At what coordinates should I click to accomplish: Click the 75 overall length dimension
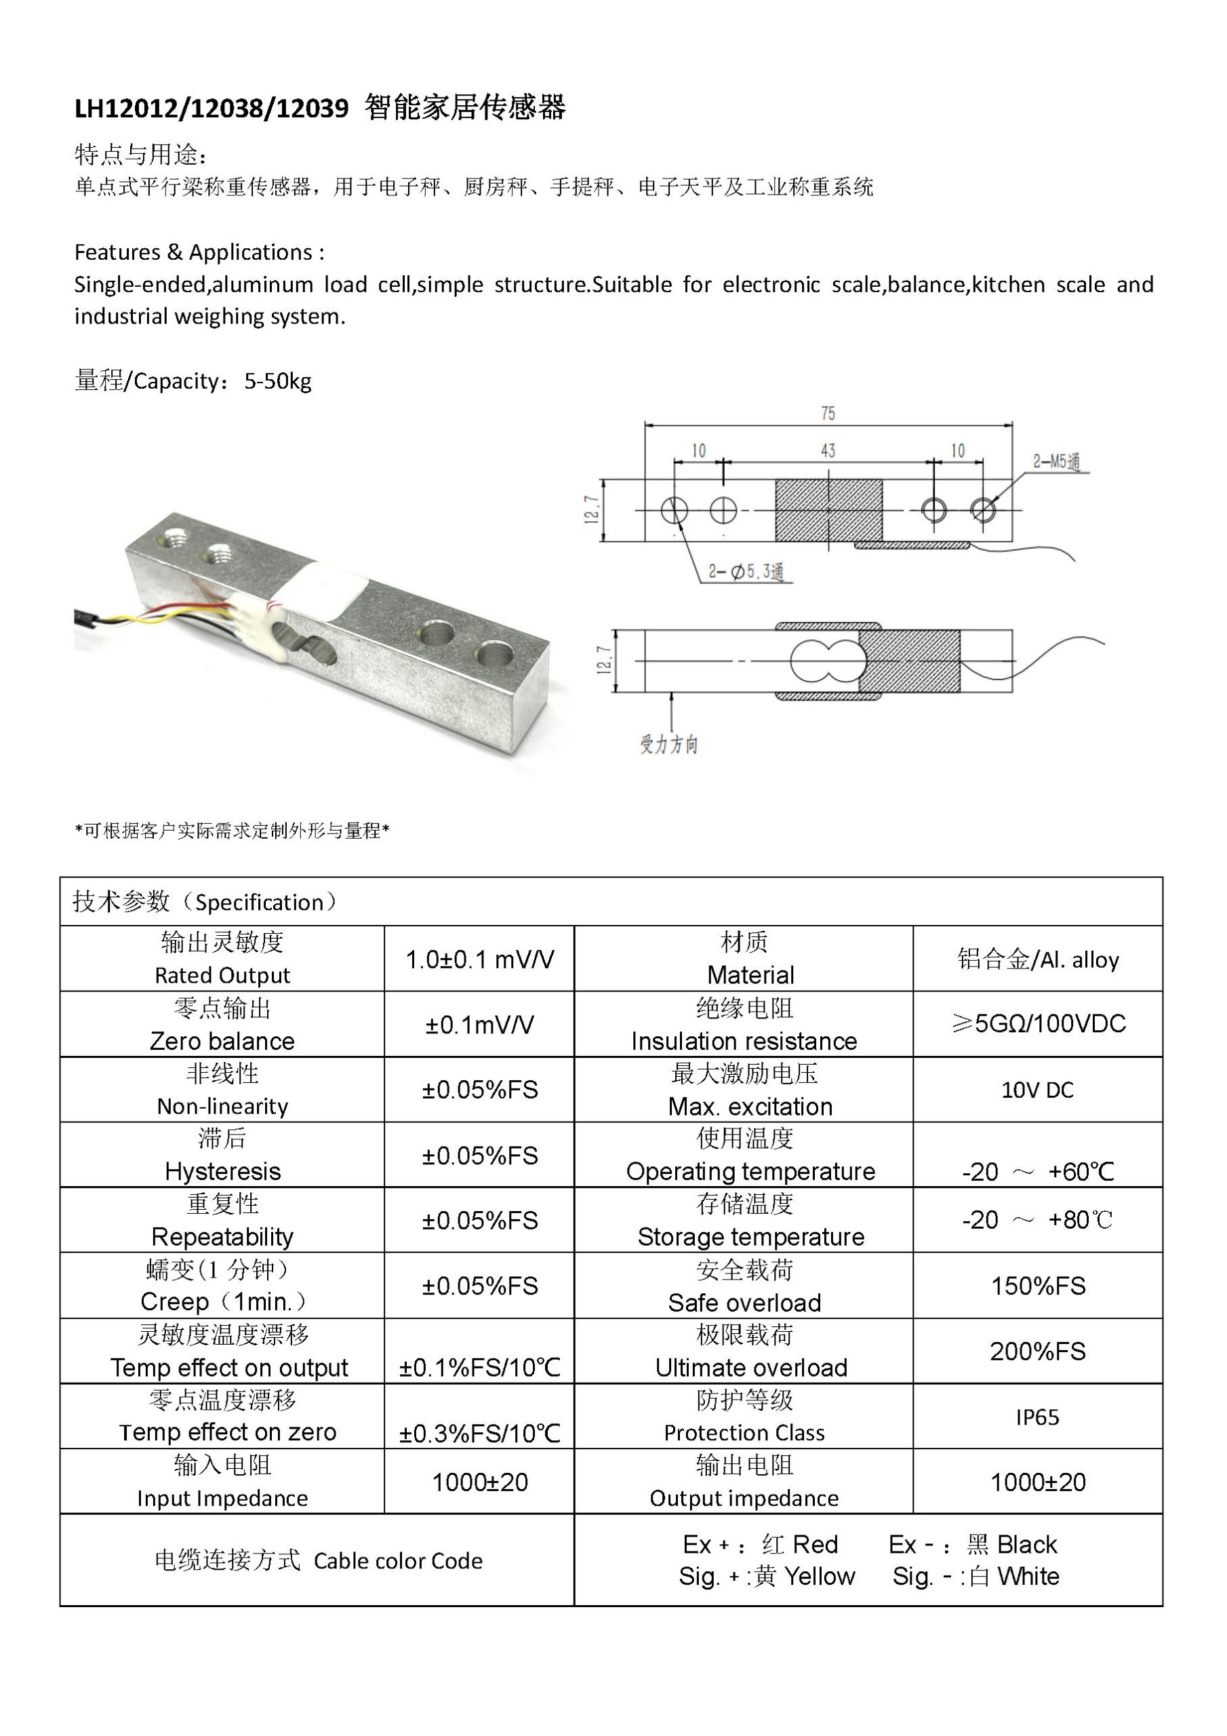pos(828,414)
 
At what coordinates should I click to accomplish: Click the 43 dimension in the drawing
pos(828,451)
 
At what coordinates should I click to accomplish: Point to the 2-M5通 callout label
pos(1056,462)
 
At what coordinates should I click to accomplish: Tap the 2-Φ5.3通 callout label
pos(746,572)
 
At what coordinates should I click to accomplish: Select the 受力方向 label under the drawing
pos(669,745)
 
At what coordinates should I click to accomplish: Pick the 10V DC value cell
pos(1037,1090)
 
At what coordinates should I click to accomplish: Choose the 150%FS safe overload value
pos(1037,1285)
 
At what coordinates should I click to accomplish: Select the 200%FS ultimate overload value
pos(1037,1351)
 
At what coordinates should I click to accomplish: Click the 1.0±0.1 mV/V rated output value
pos(479,960)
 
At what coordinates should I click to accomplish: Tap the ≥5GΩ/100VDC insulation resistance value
pos(1037,1024)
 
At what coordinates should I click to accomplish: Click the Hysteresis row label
pos(222,1171)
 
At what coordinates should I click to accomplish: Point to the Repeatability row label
pos(222,1237)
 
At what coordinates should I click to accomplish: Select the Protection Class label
pos(744,1433)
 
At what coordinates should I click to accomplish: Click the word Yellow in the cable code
pos(820,1577)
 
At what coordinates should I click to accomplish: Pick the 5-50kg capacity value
pos(277,381)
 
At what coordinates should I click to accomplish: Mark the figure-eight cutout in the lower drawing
pos(826,660)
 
